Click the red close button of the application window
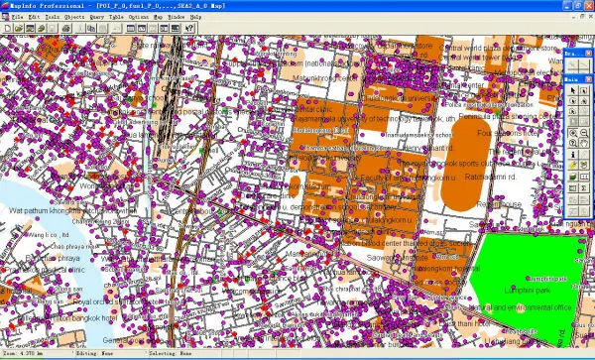[587, 6]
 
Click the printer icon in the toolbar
[64, 28]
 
